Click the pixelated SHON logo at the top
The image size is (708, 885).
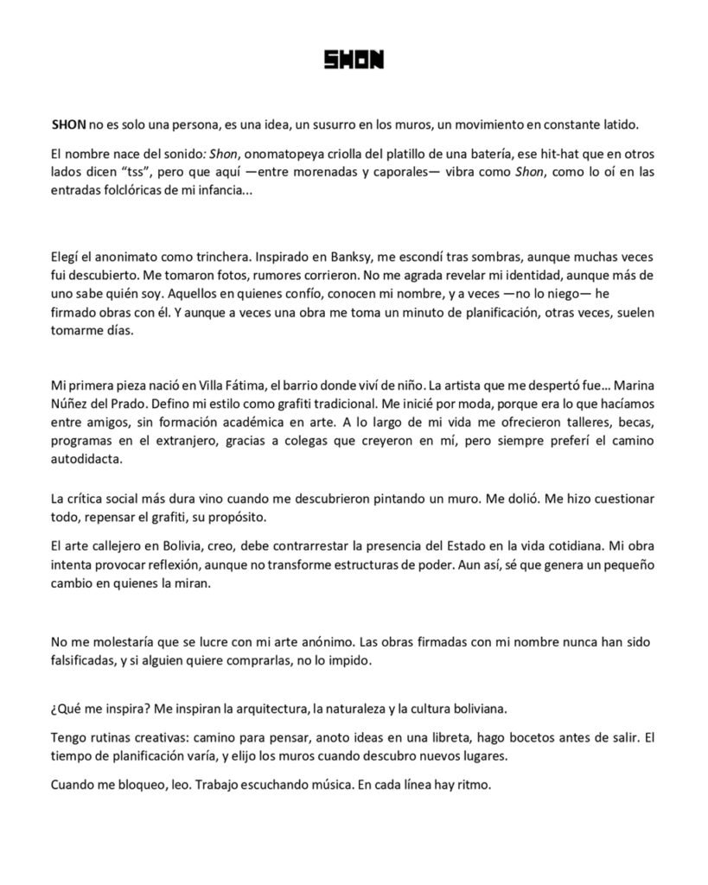click(354, 60)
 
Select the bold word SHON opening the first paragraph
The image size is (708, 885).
click(69, 124)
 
